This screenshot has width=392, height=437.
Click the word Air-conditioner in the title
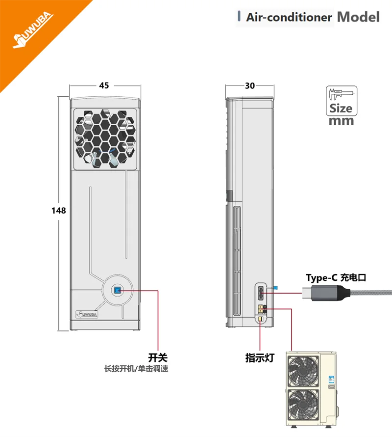(289, 18)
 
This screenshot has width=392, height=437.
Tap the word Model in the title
(358, 17)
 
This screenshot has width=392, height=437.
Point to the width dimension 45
(104, 85)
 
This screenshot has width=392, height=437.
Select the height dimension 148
(58, 210)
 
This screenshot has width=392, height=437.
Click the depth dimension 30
(249, 85)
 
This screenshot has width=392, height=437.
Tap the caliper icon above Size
(341, 94)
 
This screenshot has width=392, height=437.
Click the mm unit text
(341, 121)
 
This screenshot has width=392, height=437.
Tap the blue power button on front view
(118, 291)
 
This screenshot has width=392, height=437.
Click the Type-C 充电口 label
(336, 277)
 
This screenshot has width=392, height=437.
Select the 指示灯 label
(259, 358)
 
